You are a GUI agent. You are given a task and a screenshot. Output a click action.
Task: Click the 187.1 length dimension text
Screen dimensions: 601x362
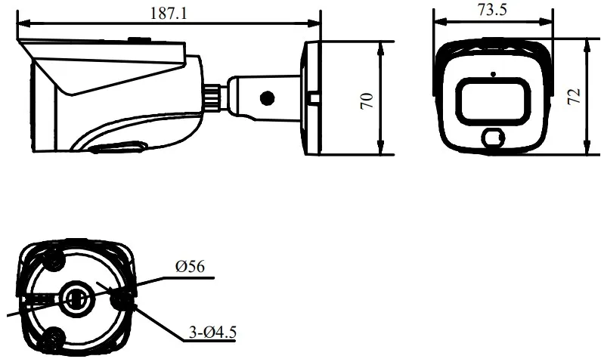pyautogui.click(x=169, y=14)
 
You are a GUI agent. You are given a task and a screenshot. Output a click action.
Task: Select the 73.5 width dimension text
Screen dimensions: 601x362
pyautogui.click(x=492, y=10)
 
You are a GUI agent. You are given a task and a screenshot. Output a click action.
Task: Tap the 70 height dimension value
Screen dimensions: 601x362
pyautogui.click(x=367, y=101)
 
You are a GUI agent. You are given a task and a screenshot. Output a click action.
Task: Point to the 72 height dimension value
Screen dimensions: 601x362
pyautogui.click(x=574, y=96)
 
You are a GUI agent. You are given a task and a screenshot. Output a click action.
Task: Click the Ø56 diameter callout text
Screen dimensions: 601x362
pyautogui.click(x=190, y=266)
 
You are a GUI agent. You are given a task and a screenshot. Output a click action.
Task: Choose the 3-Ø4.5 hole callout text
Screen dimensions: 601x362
pyautogui.click(x=212, y=332)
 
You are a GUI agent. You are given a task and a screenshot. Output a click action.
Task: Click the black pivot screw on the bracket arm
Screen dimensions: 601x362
pyautogui.click(x=267, y=98)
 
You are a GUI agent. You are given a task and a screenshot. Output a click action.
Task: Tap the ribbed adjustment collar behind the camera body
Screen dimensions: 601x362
pyautogui.click(x=212, y=99)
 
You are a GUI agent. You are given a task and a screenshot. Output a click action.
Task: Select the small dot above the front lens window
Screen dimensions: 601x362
pyautogui.click(x=494, y=74)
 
